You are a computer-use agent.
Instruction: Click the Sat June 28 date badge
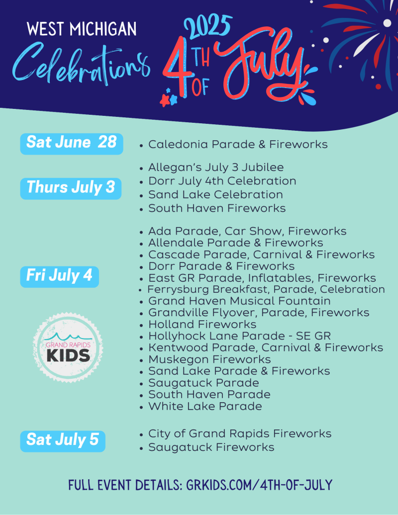coord(72,144)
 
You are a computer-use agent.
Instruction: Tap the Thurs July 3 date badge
coord(71,188)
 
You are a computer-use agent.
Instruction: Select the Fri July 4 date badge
coord(60,277)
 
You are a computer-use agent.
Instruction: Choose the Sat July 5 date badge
coord(63,441)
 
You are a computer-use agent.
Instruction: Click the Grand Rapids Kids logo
coord(68,347)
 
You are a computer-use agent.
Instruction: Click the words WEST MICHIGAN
coord(82,29)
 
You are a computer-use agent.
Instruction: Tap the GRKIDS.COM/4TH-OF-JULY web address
coord(259,485)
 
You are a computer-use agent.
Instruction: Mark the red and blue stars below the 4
coord(169,98)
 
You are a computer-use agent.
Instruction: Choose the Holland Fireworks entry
coord(202,325)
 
